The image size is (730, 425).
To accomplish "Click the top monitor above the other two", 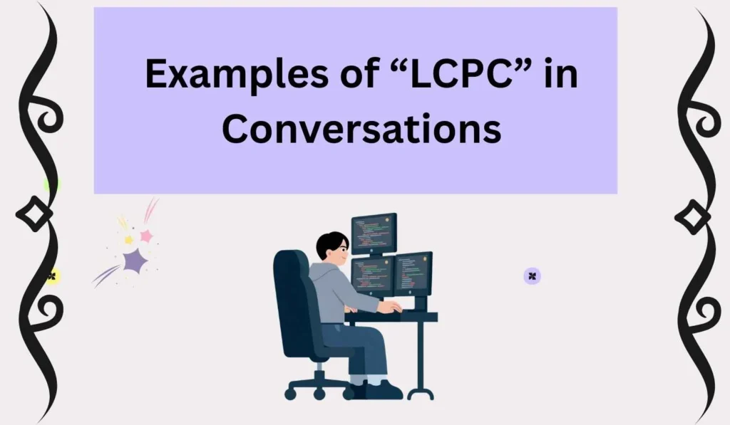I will coord(374,232).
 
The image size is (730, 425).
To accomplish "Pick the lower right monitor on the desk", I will coord(413,274).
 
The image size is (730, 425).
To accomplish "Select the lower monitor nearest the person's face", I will coord(372,276).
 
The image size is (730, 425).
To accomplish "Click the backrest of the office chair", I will coord(291,299).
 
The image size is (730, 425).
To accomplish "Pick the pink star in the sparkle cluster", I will coord(146,235).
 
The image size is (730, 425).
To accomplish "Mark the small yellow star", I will coord(128,240).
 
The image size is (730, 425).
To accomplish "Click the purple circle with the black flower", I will coord(532,276).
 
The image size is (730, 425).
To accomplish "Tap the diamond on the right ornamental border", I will coord(693,216).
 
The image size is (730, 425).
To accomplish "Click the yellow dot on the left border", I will coord(52,276).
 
